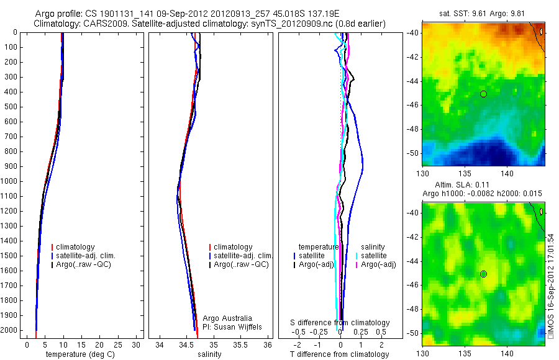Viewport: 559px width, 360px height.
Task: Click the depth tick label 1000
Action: click(x=11, y=181)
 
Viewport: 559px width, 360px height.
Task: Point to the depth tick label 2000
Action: click(x=11, y=330)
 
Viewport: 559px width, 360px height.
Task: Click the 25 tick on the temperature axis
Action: click(x=118, y=344)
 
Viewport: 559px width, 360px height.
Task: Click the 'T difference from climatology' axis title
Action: click(x=340, y=354)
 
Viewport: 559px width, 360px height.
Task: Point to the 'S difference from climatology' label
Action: click(x=340, y=323)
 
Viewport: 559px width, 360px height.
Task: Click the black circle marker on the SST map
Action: click(x=483, y=94)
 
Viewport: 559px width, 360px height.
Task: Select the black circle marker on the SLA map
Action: click(x=483, y=274)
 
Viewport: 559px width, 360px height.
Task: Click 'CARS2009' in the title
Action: click(x=102, y=24)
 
